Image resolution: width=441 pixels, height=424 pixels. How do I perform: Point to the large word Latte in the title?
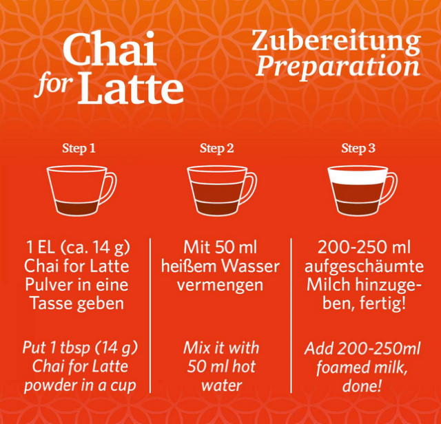pyautogui.click(x=131, y=88)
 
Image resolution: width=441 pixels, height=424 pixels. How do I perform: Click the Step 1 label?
pyautogui.click(x=79, y=148)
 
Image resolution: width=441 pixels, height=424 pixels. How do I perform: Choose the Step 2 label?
pyautogui.click(x=217, y=148)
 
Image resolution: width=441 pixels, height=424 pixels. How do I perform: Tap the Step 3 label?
pyautogui.click(x=358, y=148)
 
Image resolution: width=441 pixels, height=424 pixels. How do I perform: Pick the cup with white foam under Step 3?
pyautogui.click(x=359, y=191)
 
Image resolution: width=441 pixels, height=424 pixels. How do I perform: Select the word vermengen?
pyautogui.click(x=220, y=284)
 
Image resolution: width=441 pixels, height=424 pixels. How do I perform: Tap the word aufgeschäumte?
pyautogui.click(x=365, y=266)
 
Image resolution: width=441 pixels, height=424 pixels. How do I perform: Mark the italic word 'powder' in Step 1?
pyautogui.click(x=50, y=385)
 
